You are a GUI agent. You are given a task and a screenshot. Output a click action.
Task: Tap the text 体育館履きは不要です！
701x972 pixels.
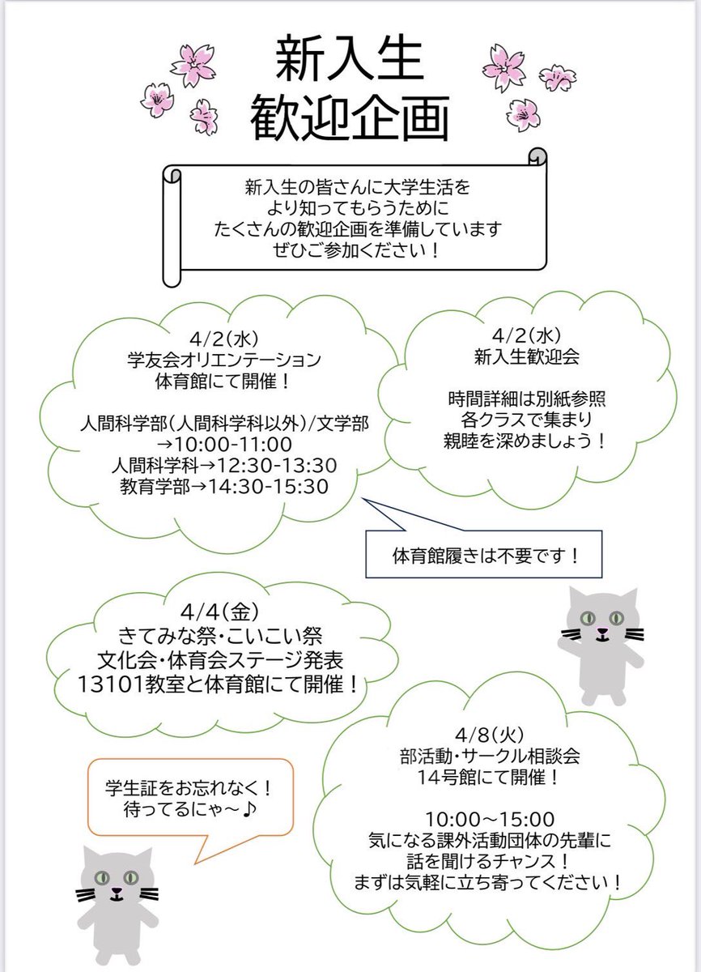486,557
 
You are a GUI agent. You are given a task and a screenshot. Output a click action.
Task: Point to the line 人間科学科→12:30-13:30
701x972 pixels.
220,466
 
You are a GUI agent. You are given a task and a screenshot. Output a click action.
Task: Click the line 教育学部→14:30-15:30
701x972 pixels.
220,486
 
